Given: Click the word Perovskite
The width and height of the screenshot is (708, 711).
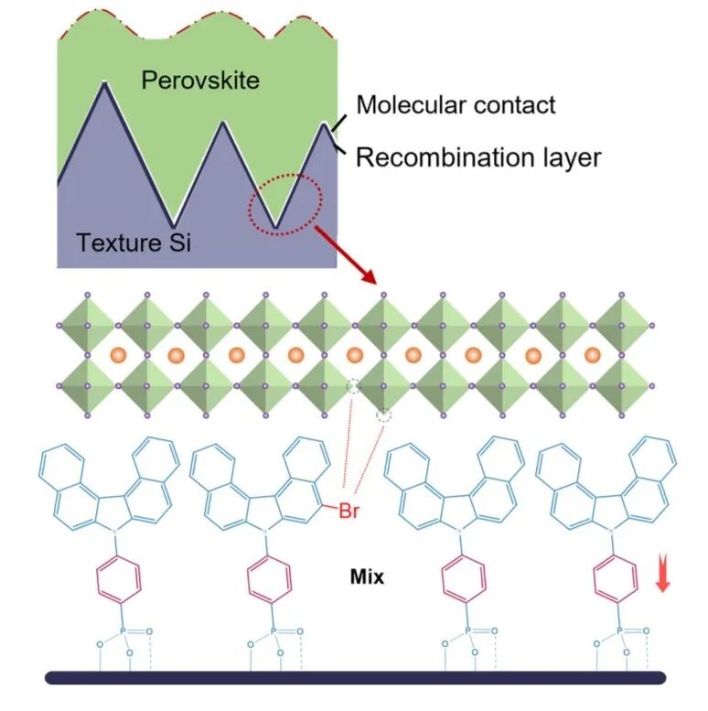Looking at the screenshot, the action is (200, 81).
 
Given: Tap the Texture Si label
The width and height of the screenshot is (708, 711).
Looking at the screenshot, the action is (134, 242).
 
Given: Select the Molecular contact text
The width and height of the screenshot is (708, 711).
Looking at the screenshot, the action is (456, 104).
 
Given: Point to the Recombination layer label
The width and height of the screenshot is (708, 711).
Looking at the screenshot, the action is (478, 157).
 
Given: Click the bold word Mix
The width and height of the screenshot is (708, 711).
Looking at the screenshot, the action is (367, 576).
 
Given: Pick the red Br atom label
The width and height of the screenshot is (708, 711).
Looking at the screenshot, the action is (349, 511).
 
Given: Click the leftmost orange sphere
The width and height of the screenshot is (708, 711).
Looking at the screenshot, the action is (118, 355).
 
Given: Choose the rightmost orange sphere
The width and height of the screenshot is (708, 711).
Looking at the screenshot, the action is (593, 355).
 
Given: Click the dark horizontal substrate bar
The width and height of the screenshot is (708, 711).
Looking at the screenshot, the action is (355, 677).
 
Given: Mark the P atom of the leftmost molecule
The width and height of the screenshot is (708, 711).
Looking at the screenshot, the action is (122, 630).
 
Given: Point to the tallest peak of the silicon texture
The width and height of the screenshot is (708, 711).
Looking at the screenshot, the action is (105, 82).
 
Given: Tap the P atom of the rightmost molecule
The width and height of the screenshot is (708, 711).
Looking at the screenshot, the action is (619, 630).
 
